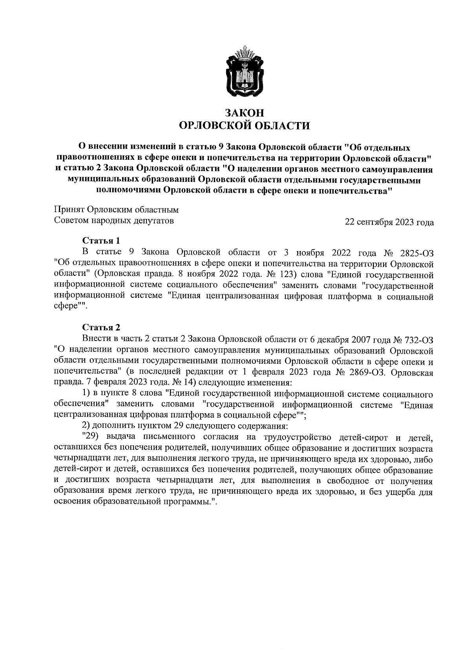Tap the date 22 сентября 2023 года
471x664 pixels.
[389, 222]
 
